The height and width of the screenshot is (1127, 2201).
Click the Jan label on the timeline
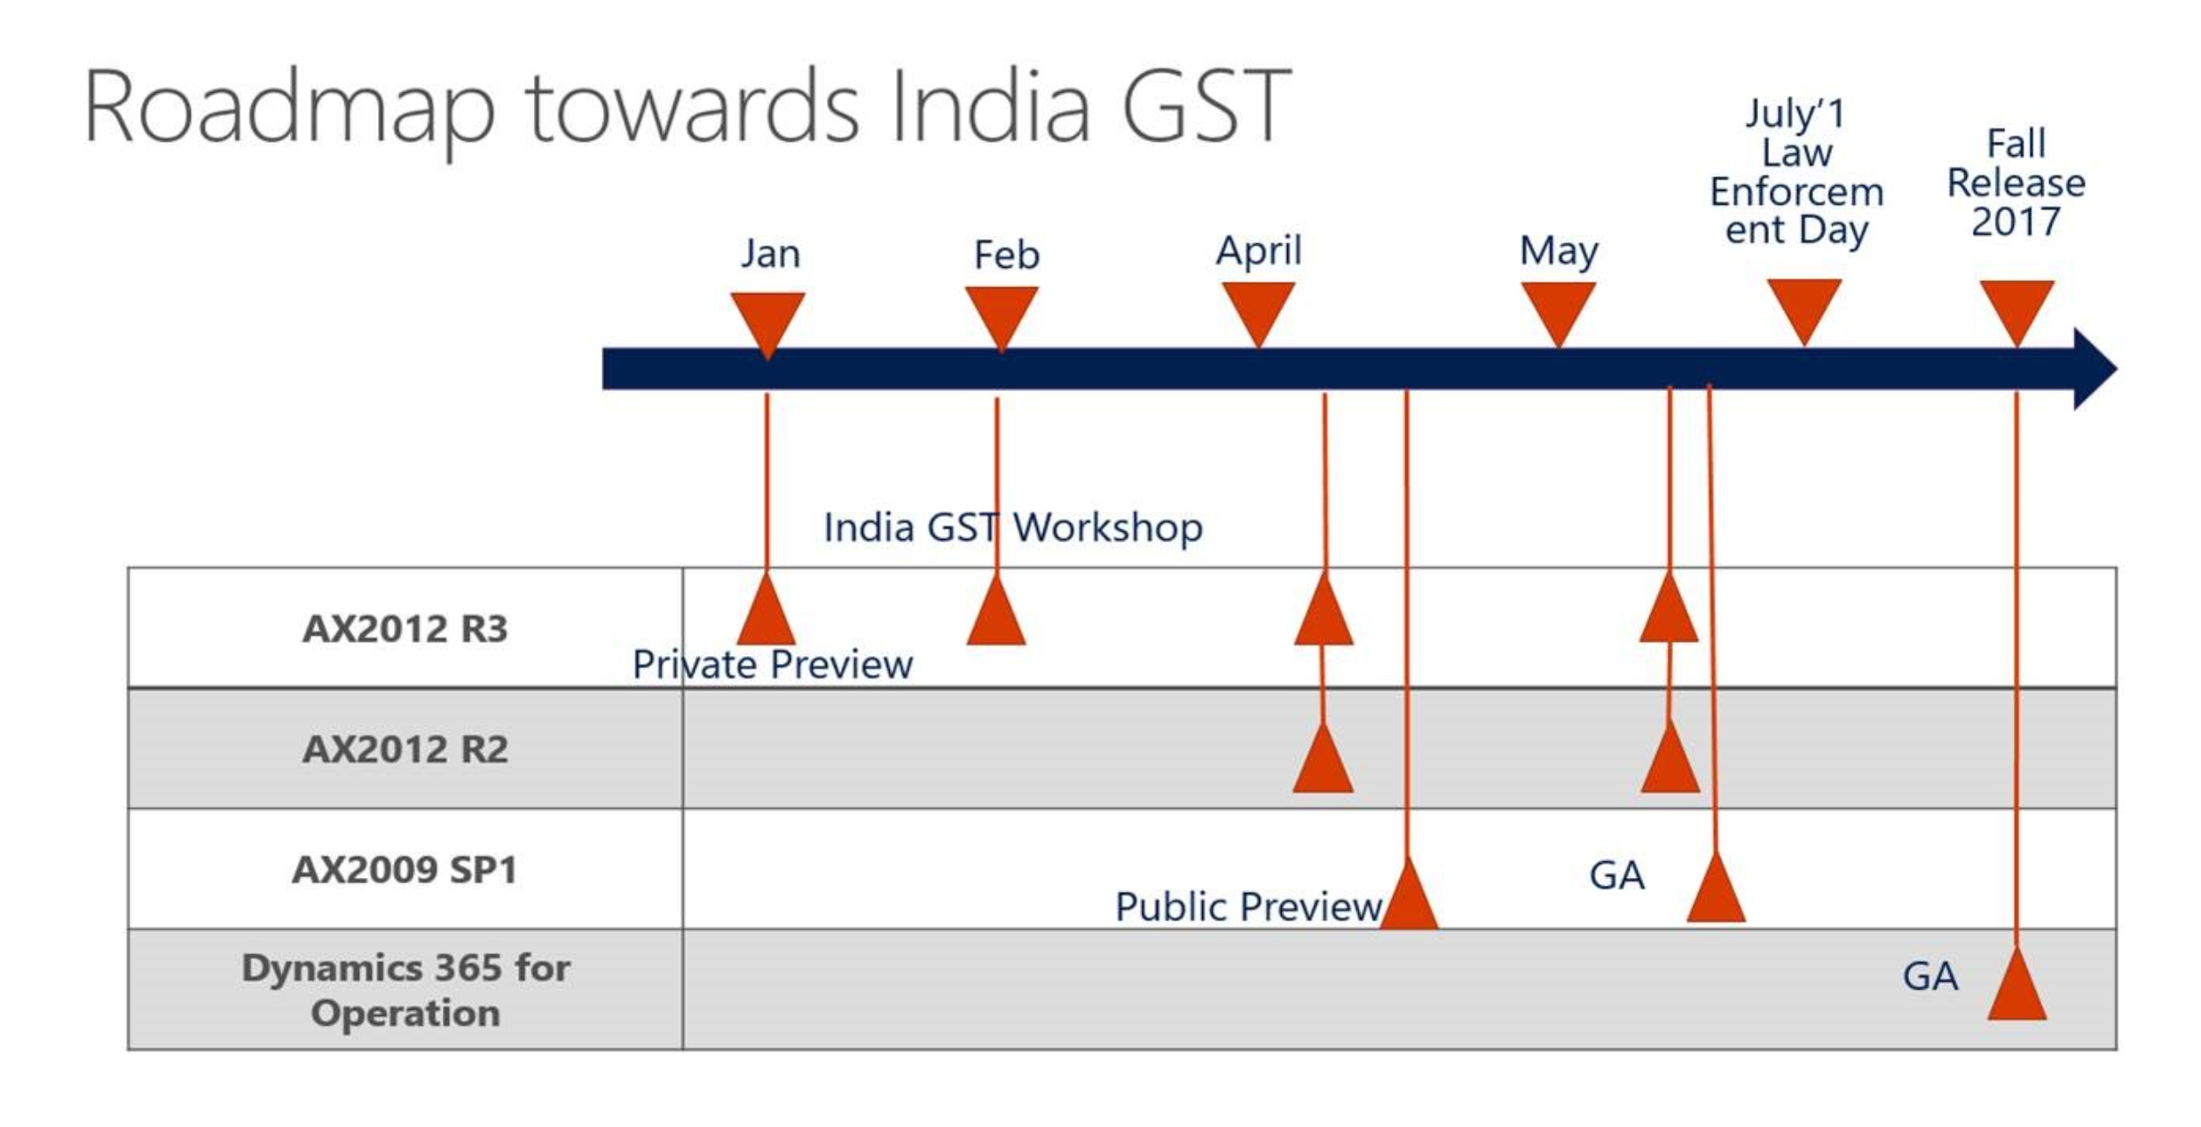coord(770,254)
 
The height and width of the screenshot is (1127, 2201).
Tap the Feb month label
coord(1006,255)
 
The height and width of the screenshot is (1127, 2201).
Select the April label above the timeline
coord(1258,252)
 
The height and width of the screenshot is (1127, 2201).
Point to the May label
coord(1559,252)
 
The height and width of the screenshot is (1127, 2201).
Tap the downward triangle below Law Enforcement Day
coord(1804,311)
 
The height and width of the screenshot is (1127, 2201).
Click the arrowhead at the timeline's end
coord(2095,369)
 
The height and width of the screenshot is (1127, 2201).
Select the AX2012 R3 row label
coord(405,629)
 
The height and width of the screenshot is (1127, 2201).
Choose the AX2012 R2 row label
coord(405,749)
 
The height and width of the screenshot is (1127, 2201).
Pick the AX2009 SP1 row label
coord(405,870)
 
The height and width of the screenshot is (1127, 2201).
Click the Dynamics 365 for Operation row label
coord(405,990)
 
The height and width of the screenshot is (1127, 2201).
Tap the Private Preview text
coord(772,665)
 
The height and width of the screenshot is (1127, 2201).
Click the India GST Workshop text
coord(1013,528)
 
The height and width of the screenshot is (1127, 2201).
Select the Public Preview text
coord(1248,907)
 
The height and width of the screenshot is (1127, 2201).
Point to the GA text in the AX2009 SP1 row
coord(1616,876)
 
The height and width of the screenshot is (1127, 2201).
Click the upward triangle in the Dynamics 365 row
coord(2016,984)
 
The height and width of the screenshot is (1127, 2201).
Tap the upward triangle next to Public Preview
coord(1408,893)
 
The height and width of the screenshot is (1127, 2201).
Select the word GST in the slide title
coord(1206,105)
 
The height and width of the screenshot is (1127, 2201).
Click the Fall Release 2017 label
coord(2016,183)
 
